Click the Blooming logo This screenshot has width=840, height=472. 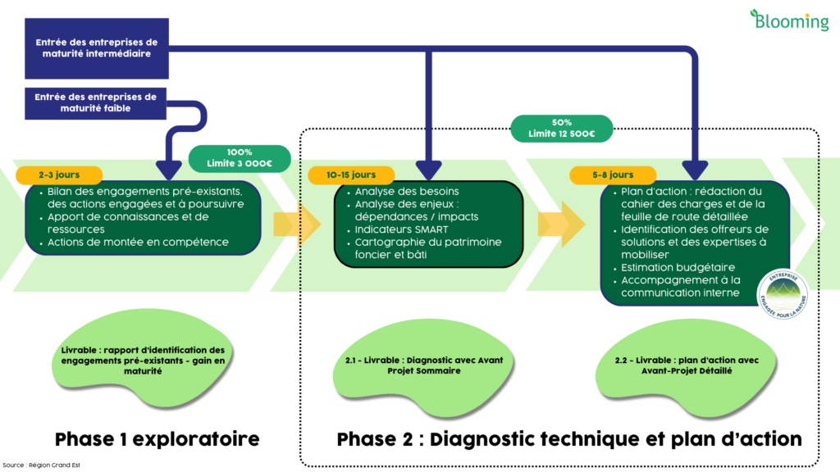[789, 20]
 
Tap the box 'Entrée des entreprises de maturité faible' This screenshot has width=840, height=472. [96, 102]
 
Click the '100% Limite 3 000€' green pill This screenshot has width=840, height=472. [240, 158]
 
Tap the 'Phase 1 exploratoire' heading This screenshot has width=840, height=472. [157, 439]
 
